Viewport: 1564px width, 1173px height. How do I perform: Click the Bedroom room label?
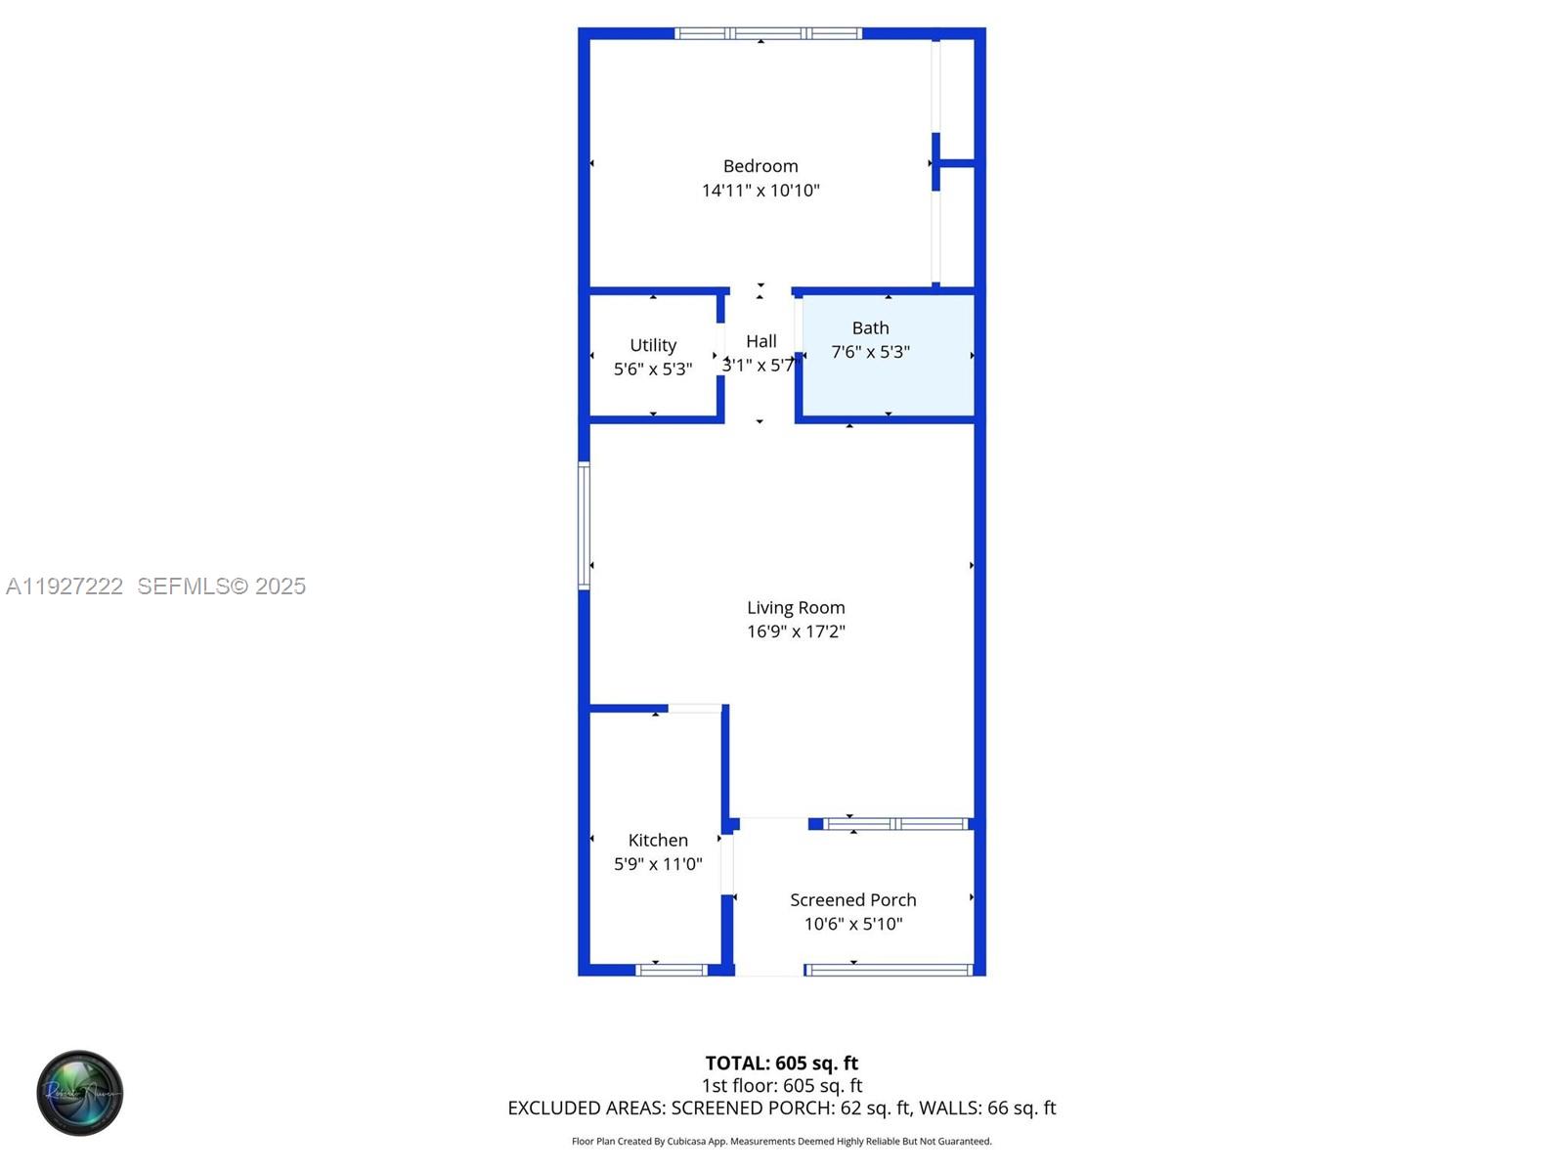(760, 166)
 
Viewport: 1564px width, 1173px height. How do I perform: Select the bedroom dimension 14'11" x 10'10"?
(760, 191)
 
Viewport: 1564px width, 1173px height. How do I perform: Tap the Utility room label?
(653, 345)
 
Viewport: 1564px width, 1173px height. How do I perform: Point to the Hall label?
(761, 341)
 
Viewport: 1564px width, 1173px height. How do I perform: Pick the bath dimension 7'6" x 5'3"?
(870, 352)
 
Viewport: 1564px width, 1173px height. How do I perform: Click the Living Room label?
(796, 608)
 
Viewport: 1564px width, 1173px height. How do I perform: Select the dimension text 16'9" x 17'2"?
(796, 631)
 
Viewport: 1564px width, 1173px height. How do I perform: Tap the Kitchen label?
(658, 841)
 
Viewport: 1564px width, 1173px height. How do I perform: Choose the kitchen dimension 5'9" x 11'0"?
(658, 864)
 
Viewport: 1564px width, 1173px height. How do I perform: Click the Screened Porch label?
(853, 900)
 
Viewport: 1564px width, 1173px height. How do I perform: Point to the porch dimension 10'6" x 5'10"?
(853, 924)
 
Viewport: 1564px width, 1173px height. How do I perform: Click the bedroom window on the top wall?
(768, 34)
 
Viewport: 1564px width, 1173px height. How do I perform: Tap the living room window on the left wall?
(584, 526)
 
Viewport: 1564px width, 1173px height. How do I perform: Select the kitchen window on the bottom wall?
(672, 970)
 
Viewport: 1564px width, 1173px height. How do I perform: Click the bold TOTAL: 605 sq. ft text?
(782, 1064)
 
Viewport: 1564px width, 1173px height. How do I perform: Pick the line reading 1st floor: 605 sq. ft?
(782, 1086)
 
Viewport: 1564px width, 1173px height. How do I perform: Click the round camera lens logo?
(80, 1093)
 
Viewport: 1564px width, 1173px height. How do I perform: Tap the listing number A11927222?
(65, 586)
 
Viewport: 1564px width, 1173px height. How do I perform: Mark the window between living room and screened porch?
(895, 824)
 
